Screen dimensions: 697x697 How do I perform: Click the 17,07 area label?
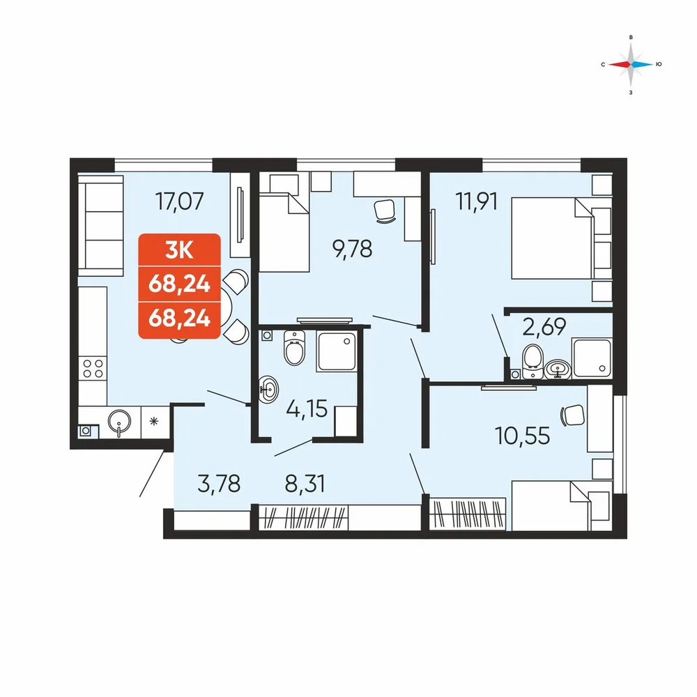[x=179, y=201]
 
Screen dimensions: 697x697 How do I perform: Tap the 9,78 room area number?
[x=352, y=249]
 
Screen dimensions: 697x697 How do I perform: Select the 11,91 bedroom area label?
[x=477, y=201]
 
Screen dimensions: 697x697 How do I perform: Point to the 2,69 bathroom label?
[x=544, y=327]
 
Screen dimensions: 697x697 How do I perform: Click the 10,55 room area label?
[x=522, y=436]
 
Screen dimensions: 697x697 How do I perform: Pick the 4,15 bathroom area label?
[x=307, y=408]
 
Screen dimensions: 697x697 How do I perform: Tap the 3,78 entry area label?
[x=219, y=484]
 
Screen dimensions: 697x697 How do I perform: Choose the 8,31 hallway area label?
[x=305, y=484]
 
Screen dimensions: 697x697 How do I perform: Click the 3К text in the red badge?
[x=179, y=251]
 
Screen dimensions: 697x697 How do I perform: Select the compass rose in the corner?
[x=631, y=64]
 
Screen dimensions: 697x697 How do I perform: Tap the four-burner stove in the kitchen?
[x=93, y=369]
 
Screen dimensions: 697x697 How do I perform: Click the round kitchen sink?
[x=119, y=422]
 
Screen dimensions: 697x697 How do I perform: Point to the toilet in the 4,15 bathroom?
[x=294, y=348]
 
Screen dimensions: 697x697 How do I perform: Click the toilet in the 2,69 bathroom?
[x=533, y=362]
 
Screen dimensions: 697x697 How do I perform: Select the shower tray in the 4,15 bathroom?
[x=337, y=351]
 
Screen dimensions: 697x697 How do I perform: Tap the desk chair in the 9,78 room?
[x=385, y=210]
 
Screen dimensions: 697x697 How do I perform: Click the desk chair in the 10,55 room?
[x=572, y=415]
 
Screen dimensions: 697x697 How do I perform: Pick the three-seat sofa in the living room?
[x=100, y=225]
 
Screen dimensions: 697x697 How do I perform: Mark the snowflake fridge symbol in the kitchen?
[x=154, y=421]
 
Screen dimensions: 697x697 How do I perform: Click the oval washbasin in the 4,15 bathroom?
[x=268, y=389]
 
